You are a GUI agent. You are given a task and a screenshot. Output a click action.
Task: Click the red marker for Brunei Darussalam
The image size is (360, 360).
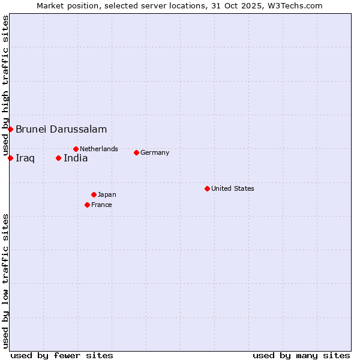[x=10, y=129]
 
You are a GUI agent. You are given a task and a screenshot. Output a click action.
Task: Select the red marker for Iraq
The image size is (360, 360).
[x=10, y=158]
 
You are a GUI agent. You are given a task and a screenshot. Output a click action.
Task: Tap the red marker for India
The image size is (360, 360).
[x=58, y=158]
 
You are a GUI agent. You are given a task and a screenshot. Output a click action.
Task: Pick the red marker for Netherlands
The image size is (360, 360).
[x=76, y=149]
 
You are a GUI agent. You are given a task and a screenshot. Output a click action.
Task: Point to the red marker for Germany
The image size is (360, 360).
[x=136, y=152]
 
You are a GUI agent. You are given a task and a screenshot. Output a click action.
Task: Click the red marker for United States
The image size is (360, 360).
[x=207, y=188]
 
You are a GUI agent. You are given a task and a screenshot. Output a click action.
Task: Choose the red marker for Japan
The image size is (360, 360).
[x=94, y=194]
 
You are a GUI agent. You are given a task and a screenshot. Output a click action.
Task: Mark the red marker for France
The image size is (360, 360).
[x=87, y=205]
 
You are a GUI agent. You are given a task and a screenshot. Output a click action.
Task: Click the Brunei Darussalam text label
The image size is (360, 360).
[x=61, y=129]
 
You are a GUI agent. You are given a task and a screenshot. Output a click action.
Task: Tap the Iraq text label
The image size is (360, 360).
[x=25, y=158]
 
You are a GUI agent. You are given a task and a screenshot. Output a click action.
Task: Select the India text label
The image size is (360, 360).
[x=76, y=158]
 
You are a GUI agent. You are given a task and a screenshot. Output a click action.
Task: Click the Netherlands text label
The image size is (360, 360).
[x=99, y=149]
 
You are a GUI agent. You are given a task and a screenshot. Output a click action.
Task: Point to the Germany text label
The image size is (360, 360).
[x=155, y=152]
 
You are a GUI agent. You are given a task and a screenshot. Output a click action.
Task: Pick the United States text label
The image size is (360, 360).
[x=233, y=188]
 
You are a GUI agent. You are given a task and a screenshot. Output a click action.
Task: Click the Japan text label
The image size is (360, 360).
[x=107, y=194]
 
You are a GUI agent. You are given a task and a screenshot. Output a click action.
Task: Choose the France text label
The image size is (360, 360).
[x=101, y=205]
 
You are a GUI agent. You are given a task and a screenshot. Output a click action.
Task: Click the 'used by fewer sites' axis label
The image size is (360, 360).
[x=62, y=355]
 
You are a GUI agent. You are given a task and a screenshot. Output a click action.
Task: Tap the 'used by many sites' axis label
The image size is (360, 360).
[x=301, y=355]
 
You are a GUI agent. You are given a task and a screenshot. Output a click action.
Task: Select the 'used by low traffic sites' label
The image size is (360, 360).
[x=5, y=281]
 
